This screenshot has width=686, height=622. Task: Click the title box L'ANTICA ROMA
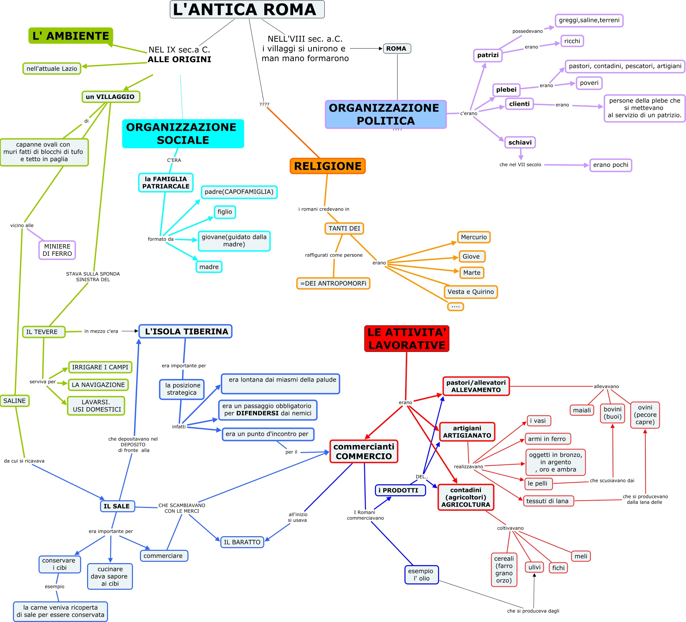(x=247, y=10)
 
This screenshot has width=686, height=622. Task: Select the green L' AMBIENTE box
(x=71, y=36)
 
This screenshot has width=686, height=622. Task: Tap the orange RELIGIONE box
(x=328, y=166)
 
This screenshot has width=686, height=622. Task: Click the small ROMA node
(x=397, y=49)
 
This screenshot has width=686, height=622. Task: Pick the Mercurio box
(x=474, y=237)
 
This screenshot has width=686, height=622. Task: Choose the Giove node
(x=471, y=256)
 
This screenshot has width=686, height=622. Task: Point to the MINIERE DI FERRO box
(x=57, y=250)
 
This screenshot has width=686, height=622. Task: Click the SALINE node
(x=15, y=401)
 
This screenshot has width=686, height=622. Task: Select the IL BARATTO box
(x=242, y=542)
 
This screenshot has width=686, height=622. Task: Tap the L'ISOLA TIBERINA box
(x=186, y=331)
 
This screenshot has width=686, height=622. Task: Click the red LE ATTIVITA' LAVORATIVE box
(x=406, y=339)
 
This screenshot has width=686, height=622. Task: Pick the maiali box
(x=582, y=410)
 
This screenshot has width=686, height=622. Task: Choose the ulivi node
(x=534, y=567)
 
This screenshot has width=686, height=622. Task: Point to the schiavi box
(x=520, y=142)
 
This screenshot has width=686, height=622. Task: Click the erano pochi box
(x=611, y=165)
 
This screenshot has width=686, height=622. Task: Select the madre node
(x=209, y=267)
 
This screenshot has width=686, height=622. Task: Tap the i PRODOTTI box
(x=400, y=490)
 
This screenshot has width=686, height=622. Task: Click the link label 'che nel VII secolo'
(x=520, y=165)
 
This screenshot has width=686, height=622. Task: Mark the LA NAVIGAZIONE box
(x=98, y=385)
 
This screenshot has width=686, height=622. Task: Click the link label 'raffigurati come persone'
(x=333, y=255)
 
